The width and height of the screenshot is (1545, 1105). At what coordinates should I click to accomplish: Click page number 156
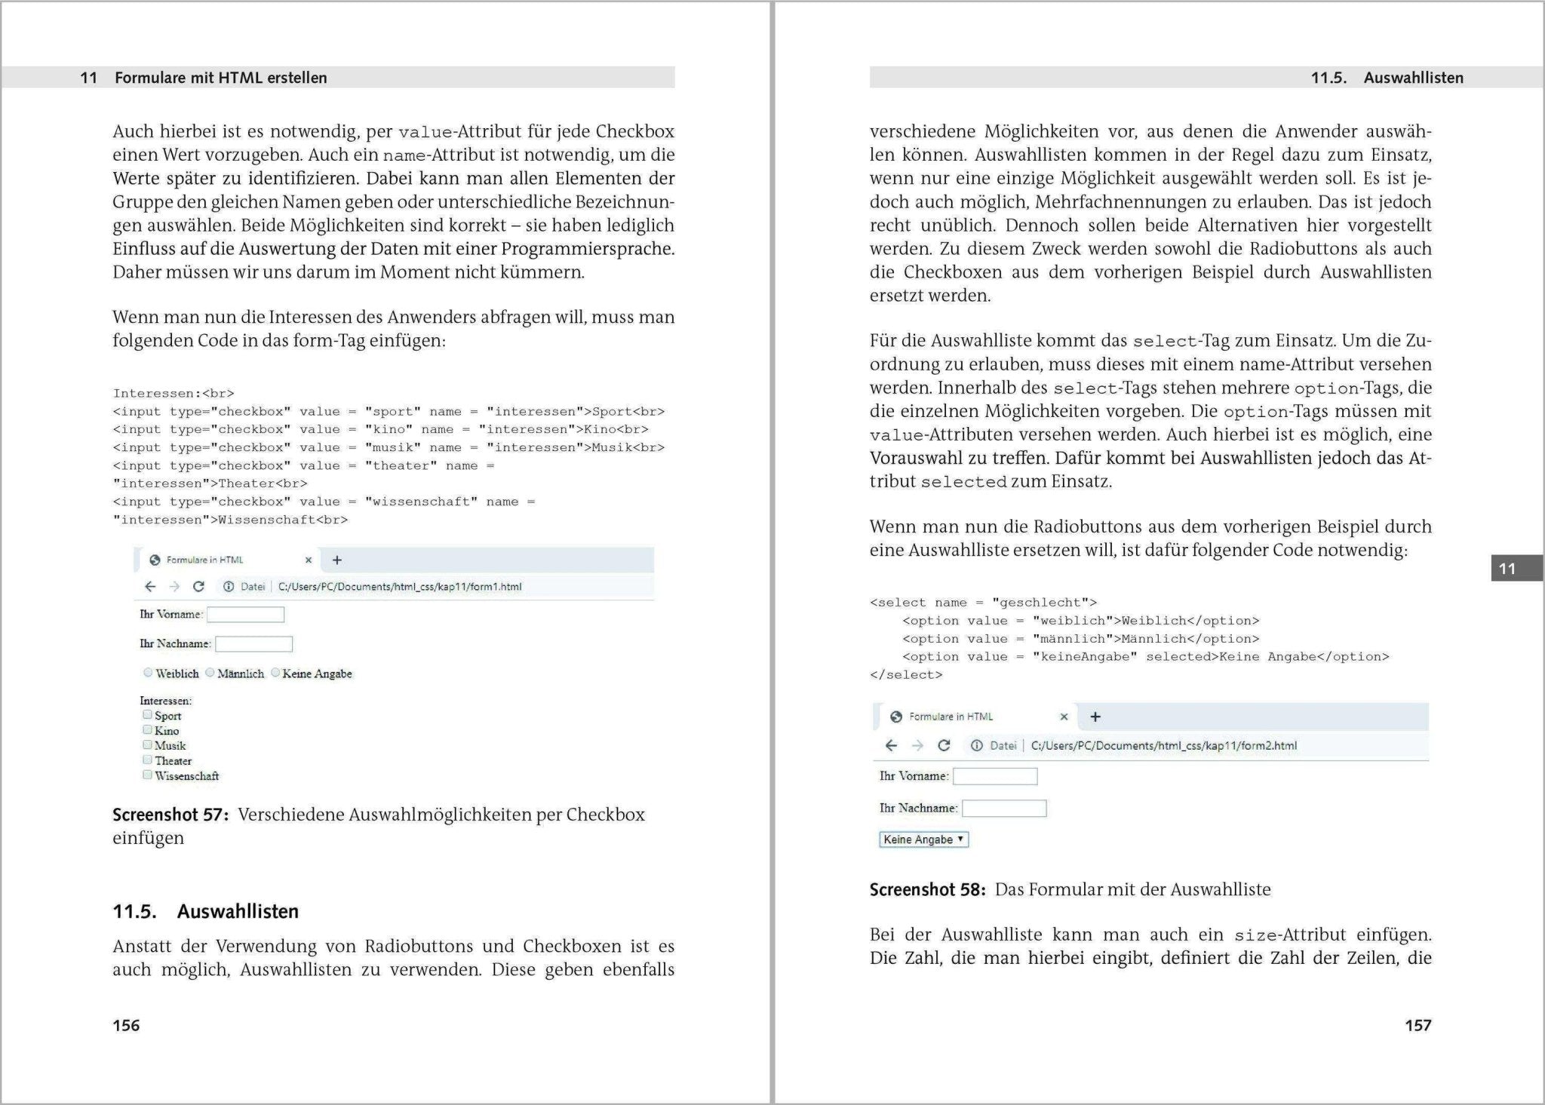[x=126, y=1025]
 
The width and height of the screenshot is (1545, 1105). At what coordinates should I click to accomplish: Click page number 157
[x=1418, y=1025]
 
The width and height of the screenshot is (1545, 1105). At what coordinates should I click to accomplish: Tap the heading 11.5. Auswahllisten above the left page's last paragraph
[x=205, y=911]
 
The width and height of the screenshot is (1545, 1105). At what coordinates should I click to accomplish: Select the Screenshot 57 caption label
[x=170, y=815]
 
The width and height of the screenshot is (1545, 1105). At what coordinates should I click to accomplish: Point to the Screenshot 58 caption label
[x=927, y=889]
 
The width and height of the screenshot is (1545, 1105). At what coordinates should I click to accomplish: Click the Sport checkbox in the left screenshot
[x=148, y=714]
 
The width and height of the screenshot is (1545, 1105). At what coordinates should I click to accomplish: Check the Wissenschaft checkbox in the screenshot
[x=148, y=775]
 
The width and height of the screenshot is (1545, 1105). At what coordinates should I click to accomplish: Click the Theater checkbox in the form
[x=148, y=760]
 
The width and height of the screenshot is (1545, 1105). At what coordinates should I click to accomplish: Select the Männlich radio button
[x=210, y=672]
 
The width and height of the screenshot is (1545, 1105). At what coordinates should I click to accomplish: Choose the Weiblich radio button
[x=148, y=672]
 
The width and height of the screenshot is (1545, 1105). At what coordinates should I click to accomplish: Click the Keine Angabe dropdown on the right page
[x=923, y=839]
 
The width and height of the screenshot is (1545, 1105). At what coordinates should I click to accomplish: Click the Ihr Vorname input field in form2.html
[x=995, y=776]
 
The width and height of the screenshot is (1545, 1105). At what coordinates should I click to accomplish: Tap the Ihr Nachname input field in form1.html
[x=253, y=644]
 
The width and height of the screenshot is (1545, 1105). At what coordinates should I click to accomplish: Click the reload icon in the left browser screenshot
[x=198, y=587]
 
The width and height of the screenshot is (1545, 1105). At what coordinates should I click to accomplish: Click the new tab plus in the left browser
[x=337, y=560]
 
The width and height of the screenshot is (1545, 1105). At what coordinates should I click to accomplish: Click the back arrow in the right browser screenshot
[x=891, y=745]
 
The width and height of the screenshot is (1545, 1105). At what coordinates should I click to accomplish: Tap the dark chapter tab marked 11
[x=1516, y=569]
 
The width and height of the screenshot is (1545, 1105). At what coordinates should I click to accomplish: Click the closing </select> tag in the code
[x=905, y=675]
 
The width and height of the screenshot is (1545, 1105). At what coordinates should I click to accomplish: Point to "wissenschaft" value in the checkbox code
[x=421, y=502]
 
